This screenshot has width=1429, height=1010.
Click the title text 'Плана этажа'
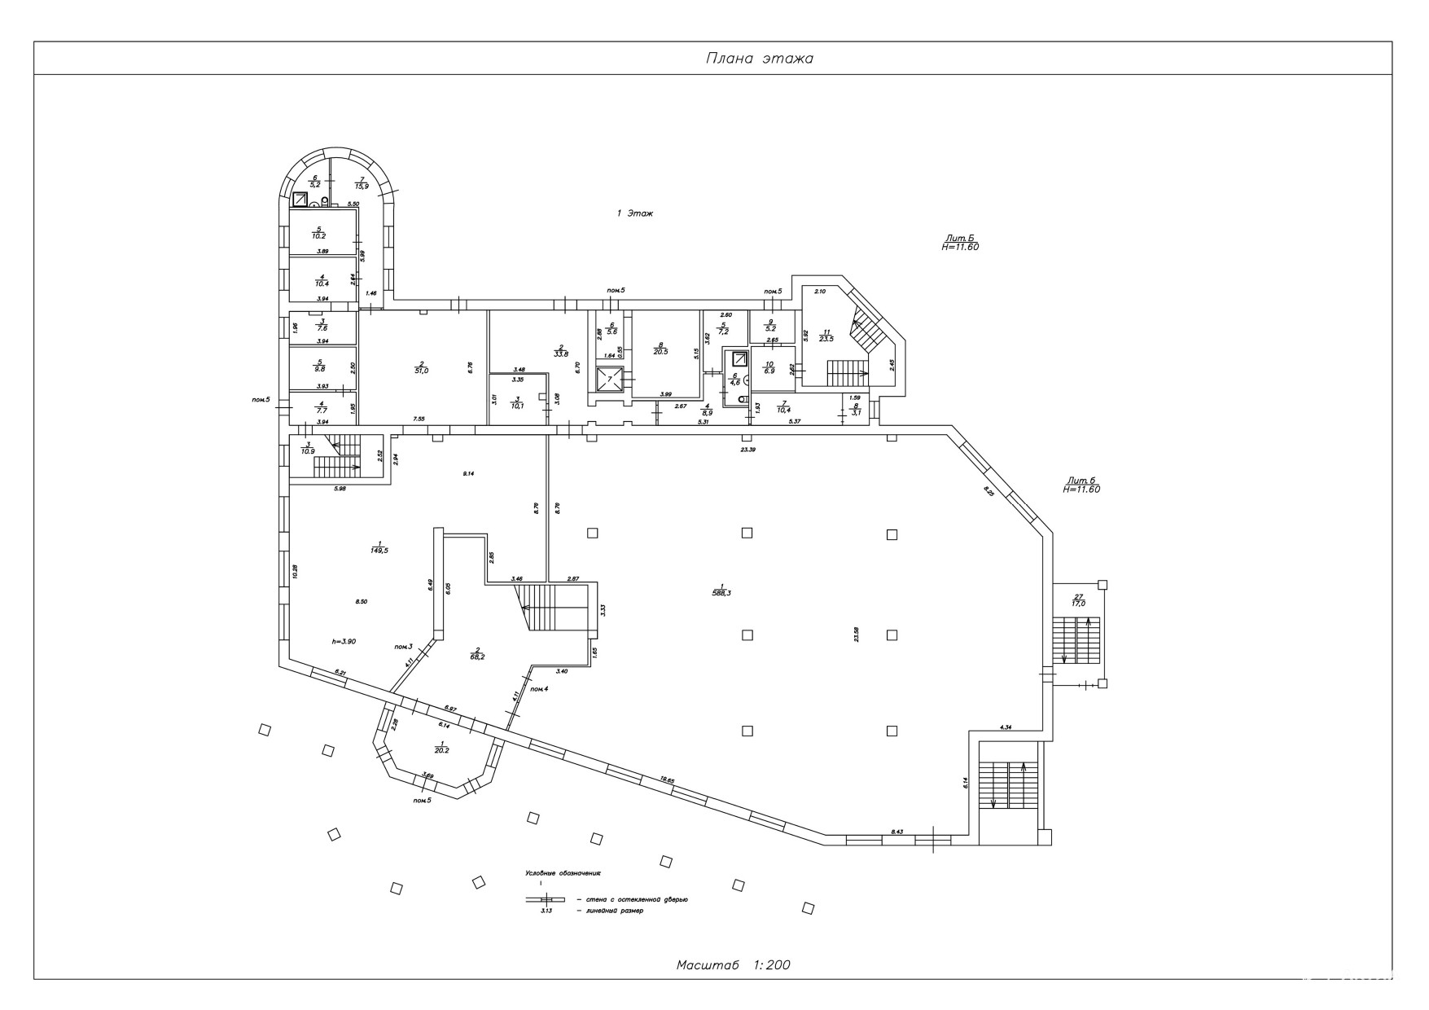click(759, 59)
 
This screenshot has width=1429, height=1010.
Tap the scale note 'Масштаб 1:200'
click(733, 965)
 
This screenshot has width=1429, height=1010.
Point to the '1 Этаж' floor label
click(635, 213)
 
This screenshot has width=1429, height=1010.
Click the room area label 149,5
click(378, 547)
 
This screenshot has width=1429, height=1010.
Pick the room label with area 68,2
click(478, 653)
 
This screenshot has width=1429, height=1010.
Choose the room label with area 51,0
click(422, 367)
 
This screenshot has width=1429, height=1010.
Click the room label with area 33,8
click(560, 351)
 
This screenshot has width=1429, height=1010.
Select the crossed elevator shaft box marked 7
click(609, 380)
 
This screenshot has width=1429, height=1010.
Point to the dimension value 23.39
click(747, 449)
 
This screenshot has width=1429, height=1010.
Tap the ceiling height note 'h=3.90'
click(344, 642)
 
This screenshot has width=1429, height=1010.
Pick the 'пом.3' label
click(403, 647)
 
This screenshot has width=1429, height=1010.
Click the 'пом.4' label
click(539, 689)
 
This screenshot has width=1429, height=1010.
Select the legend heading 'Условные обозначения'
click(563, 873)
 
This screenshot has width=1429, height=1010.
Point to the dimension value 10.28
click(296, 572)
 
